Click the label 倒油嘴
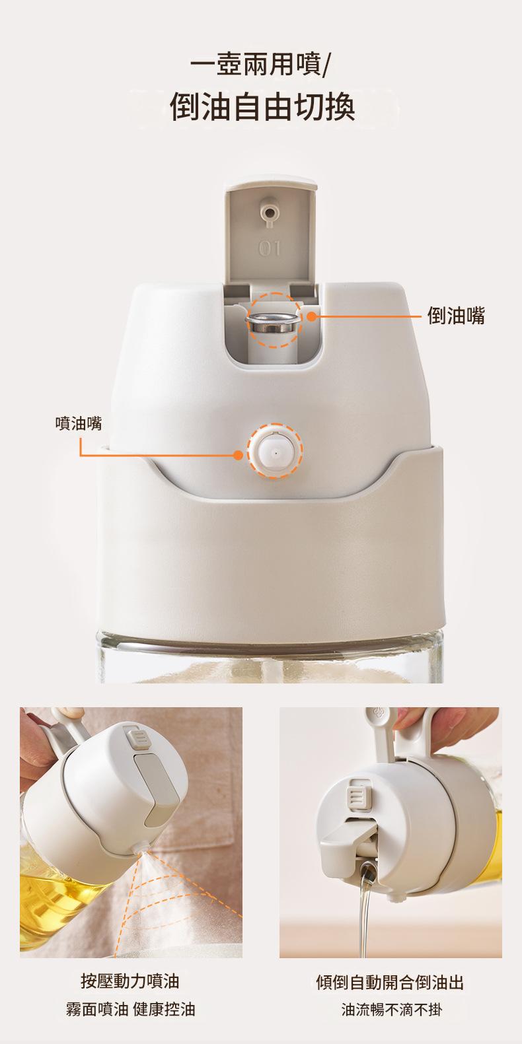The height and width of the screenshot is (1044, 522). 456,316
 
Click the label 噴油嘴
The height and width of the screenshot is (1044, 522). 79,423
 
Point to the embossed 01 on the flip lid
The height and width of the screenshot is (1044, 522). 270,248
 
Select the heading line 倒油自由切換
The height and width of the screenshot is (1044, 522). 262,107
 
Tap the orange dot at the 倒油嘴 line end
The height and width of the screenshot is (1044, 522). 312,316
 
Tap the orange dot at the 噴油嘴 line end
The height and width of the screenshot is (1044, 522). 238,455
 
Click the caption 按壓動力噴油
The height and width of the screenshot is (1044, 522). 130,981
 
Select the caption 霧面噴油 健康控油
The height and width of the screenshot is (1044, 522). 130,1010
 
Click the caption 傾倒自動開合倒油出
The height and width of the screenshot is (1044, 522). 390,981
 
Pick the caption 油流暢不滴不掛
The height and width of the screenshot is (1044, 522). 391,1010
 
